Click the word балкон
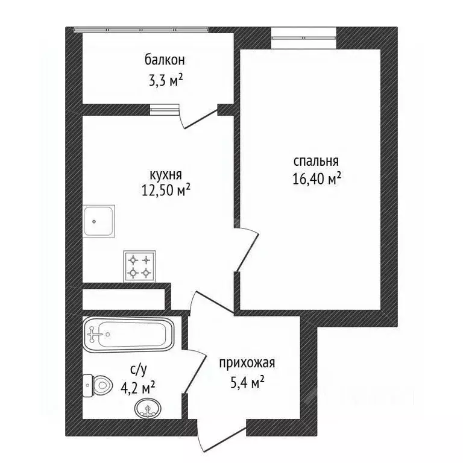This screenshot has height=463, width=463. coord(165,60)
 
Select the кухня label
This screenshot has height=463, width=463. coord(166,175)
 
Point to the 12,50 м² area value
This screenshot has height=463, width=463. coord(166,191)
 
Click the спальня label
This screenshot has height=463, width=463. coord(317,162)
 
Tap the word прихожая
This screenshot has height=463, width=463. coord(247,364)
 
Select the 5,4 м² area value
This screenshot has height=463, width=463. coord(247,383)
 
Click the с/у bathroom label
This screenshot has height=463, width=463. coord(138,370)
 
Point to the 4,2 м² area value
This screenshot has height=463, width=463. coord(138,388)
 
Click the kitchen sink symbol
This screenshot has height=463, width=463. coord(98,221)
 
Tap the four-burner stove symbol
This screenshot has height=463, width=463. coord(139,266)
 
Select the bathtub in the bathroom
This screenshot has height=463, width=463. coord(128,334)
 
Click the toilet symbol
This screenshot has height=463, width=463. coord(98,385)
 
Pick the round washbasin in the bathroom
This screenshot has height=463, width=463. coord(148,408)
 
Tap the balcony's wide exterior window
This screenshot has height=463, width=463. coord(141,30)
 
